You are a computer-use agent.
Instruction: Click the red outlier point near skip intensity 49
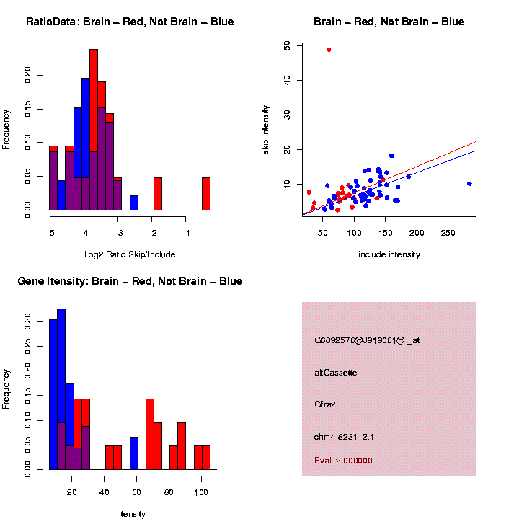tap(329, 50)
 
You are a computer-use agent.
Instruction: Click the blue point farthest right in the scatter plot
tap(469, 184)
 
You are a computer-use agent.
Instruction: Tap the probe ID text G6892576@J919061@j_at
tap(366, 340)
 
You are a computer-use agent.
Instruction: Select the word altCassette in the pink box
tap(335, 373)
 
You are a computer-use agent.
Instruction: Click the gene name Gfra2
tap(325, 404)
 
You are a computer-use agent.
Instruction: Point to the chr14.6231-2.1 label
tap(343, 437)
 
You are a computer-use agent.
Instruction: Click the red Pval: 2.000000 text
tap(343, 461)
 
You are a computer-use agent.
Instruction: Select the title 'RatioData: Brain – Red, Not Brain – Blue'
tap(130, 22)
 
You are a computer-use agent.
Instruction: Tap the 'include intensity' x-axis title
tap(389, 254)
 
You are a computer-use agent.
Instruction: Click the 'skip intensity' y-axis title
tap(266, 128)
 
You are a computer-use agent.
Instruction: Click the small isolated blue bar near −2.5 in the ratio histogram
tap(134, 203)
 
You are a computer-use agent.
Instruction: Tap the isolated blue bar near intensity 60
tap(133, 453)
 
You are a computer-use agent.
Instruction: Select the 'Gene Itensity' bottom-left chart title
tap(130, 281)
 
